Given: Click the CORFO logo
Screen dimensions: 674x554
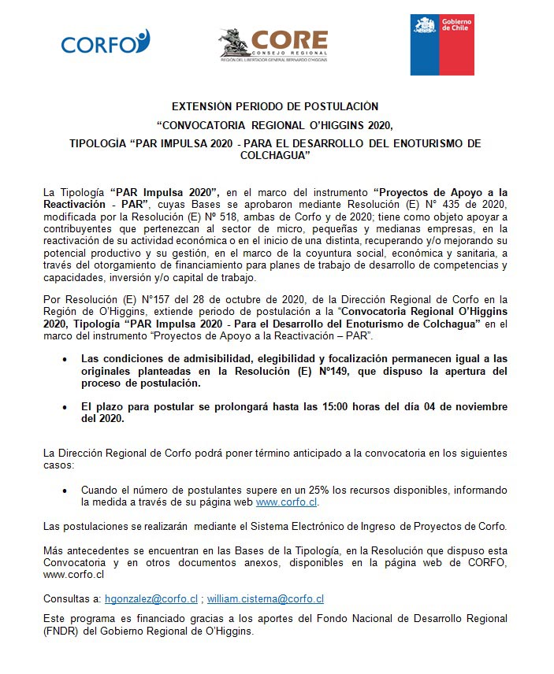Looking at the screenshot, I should [106, 43].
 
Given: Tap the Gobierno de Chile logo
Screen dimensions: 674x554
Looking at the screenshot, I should [442, 44].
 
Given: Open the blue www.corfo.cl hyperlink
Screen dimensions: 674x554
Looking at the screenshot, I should [287, 502].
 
